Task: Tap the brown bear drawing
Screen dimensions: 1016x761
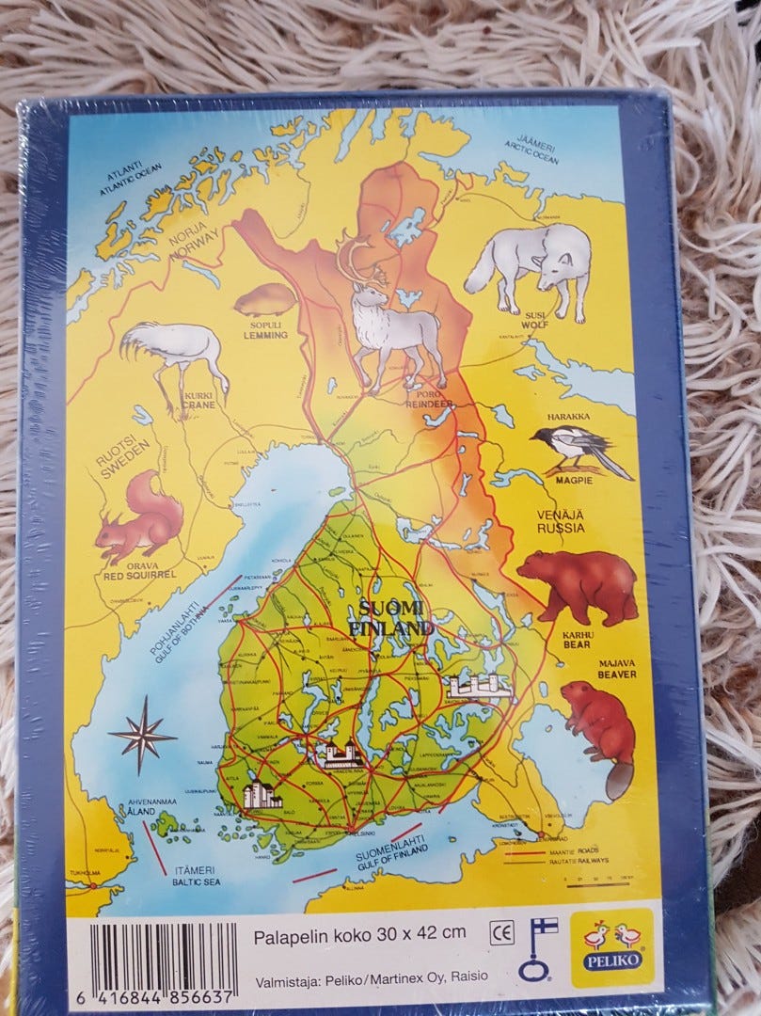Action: [x=575, y=585]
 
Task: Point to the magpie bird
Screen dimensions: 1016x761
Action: [x=576, y=449]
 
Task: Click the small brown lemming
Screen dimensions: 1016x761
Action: [x=264, y=300]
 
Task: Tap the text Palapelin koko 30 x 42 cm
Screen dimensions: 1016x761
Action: [x=360, y=934]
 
